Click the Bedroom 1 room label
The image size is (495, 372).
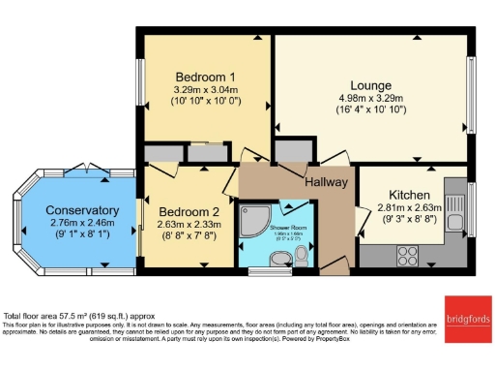205,77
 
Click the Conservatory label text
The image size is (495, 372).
82,210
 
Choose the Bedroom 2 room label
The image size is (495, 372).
189,212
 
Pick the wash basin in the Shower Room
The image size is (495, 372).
280,258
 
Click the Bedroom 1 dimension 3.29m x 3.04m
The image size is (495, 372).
205,90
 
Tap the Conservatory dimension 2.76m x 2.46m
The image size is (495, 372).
82,222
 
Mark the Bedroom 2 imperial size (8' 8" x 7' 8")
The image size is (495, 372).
189,234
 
